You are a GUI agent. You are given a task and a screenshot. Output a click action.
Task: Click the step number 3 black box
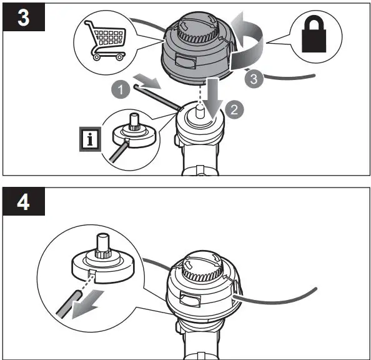[x=24, y=17]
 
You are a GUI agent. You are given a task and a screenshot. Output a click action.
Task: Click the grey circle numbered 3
[x=251, y=79]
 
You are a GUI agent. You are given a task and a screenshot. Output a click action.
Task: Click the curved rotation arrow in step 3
[x=247, y=44]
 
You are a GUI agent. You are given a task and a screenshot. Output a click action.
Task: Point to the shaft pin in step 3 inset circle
[x=133, y=120]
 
